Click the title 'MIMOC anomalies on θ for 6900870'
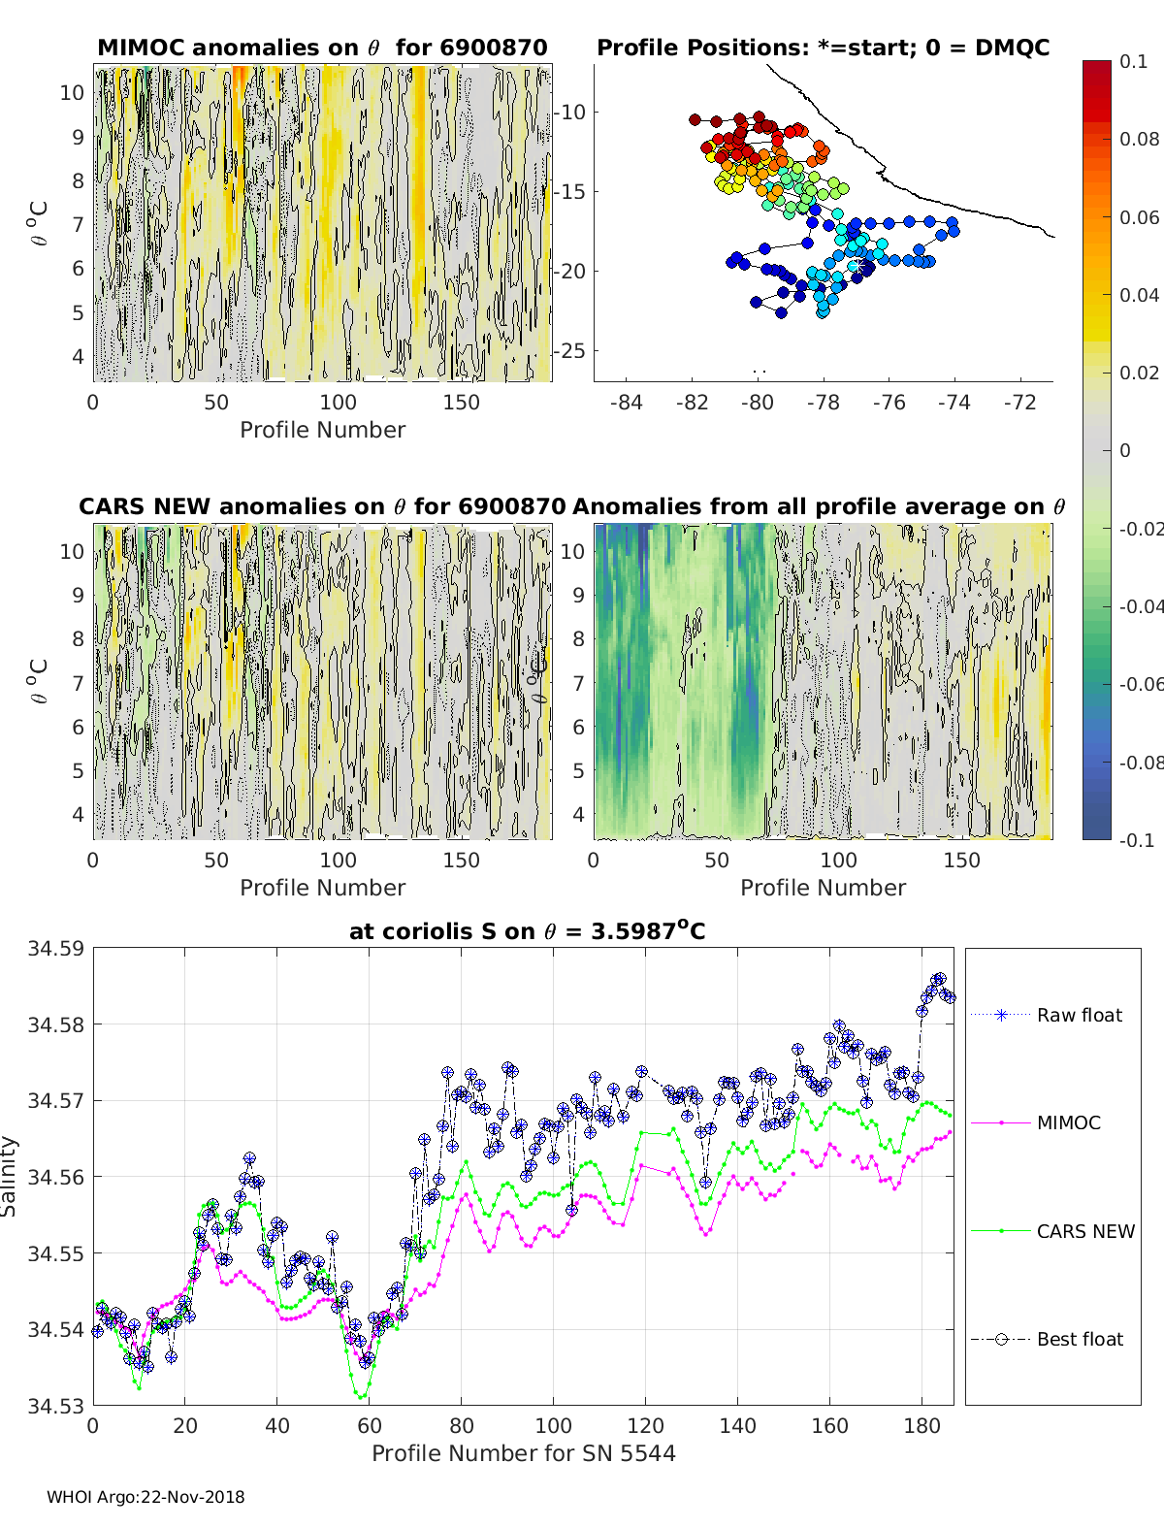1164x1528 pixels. (322, 48)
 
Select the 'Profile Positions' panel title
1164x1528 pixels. (823, 48)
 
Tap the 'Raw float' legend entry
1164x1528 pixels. (1079, 1015)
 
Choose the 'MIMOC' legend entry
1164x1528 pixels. (1068, 1122)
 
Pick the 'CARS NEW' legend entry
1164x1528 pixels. (1084, 1231)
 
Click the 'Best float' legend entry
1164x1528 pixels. (1079, 1339)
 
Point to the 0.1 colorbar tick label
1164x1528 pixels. (1133, 61)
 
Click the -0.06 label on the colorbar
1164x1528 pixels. (1140, 684)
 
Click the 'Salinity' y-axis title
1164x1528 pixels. (9, 1176)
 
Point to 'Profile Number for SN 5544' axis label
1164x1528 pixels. (523, 1452)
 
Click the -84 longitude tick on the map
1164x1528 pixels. (627, 402)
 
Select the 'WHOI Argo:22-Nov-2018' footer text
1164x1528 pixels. (145, 1497)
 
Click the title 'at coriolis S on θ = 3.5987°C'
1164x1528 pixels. (527, 931)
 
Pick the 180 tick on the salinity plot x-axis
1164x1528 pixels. (921, 1425)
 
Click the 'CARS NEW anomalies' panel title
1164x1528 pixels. (322, 506)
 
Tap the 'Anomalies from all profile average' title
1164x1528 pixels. (819, 506)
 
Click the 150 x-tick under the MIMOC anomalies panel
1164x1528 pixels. (461, 402)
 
